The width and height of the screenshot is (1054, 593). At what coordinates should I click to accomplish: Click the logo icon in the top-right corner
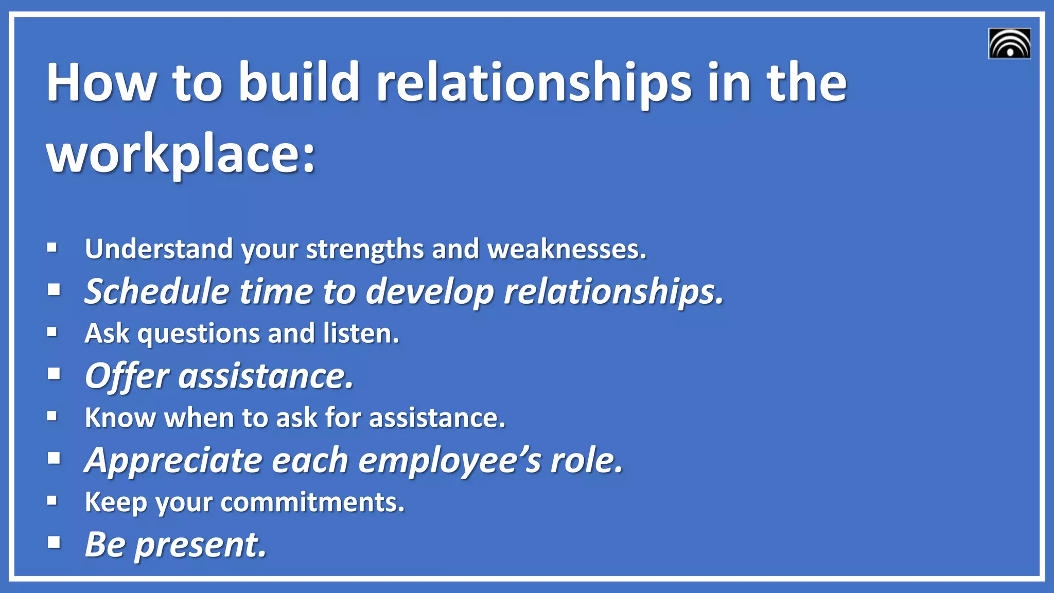tap(1009, 44)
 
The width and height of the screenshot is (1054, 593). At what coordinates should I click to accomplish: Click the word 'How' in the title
tap(101, 82)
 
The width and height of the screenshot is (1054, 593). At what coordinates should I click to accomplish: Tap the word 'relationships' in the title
tap(534, 82)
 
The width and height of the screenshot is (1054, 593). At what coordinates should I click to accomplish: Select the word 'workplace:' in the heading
tap(181, 154)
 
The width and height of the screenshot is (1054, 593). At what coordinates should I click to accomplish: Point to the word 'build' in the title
tap(298, 82)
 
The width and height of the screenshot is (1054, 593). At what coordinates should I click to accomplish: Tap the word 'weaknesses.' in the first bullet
tap(567, 249)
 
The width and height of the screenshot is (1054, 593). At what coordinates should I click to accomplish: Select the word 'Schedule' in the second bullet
tap(157, 291)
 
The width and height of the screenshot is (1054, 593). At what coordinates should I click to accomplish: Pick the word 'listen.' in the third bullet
tap(361, 333)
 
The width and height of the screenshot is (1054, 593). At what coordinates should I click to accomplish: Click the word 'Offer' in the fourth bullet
tap(127, 376)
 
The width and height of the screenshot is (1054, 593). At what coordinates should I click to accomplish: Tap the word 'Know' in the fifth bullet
tap(120, 417)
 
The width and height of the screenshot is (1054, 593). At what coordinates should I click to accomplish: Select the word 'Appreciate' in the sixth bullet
tap(173, 460)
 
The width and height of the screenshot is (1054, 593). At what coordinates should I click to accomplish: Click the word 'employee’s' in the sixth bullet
tap(449, 460)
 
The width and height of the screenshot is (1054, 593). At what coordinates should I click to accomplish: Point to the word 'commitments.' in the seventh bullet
tap(312, 502)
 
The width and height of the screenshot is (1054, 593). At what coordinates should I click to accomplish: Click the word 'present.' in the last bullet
tap(201, 545)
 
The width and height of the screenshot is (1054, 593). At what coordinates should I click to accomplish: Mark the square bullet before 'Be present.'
tap(54, 542)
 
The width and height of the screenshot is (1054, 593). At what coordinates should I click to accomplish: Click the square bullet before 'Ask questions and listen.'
tap(52, 332)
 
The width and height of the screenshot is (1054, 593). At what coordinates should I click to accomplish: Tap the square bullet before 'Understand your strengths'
tap(52, 248)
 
